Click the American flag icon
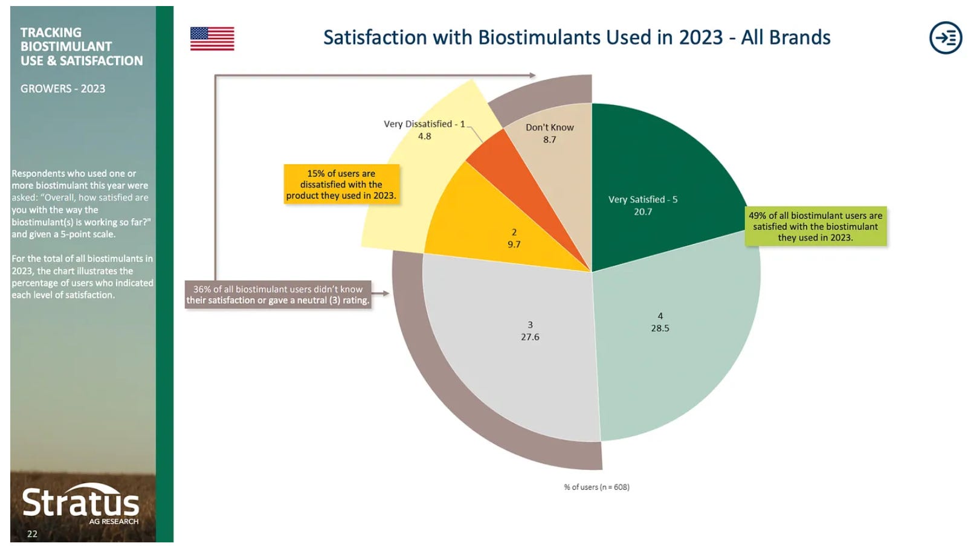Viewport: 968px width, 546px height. coord(212,38)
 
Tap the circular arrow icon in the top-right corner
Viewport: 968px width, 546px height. coord(945,38)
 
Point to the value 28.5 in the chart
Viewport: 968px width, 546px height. coord(660,329)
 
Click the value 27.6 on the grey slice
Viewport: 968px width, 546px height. coord(530,337)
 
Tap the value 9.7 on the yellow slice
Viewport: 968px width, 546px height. coord(514,245)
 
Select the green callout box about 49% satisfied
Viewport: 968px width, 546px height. coord(815,226)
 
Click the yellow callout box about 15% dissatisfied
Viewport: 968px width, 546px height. coord(341,184)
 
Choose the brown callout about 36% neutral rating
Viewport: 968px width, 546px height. coord(278,295)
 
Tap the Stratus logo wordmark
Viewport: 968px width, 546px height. coord(80,503)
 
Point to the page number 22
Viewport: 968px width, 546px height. coord(32,534)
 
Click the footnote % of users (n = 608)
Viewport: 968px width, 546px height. coord(596,487)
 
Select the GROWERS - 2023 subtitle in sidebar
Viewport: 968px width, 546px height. coord(63,89)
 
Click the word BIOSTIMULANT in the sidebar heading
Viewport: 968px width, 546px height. coord(66,47)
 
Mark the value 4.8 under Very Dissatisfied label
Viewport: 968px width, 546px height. coord(424,136)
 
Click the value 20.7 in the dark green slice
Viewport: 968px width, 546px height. coord(642,212)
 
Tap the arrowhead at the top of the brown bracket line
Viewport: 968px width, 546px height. coord(532,75)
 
